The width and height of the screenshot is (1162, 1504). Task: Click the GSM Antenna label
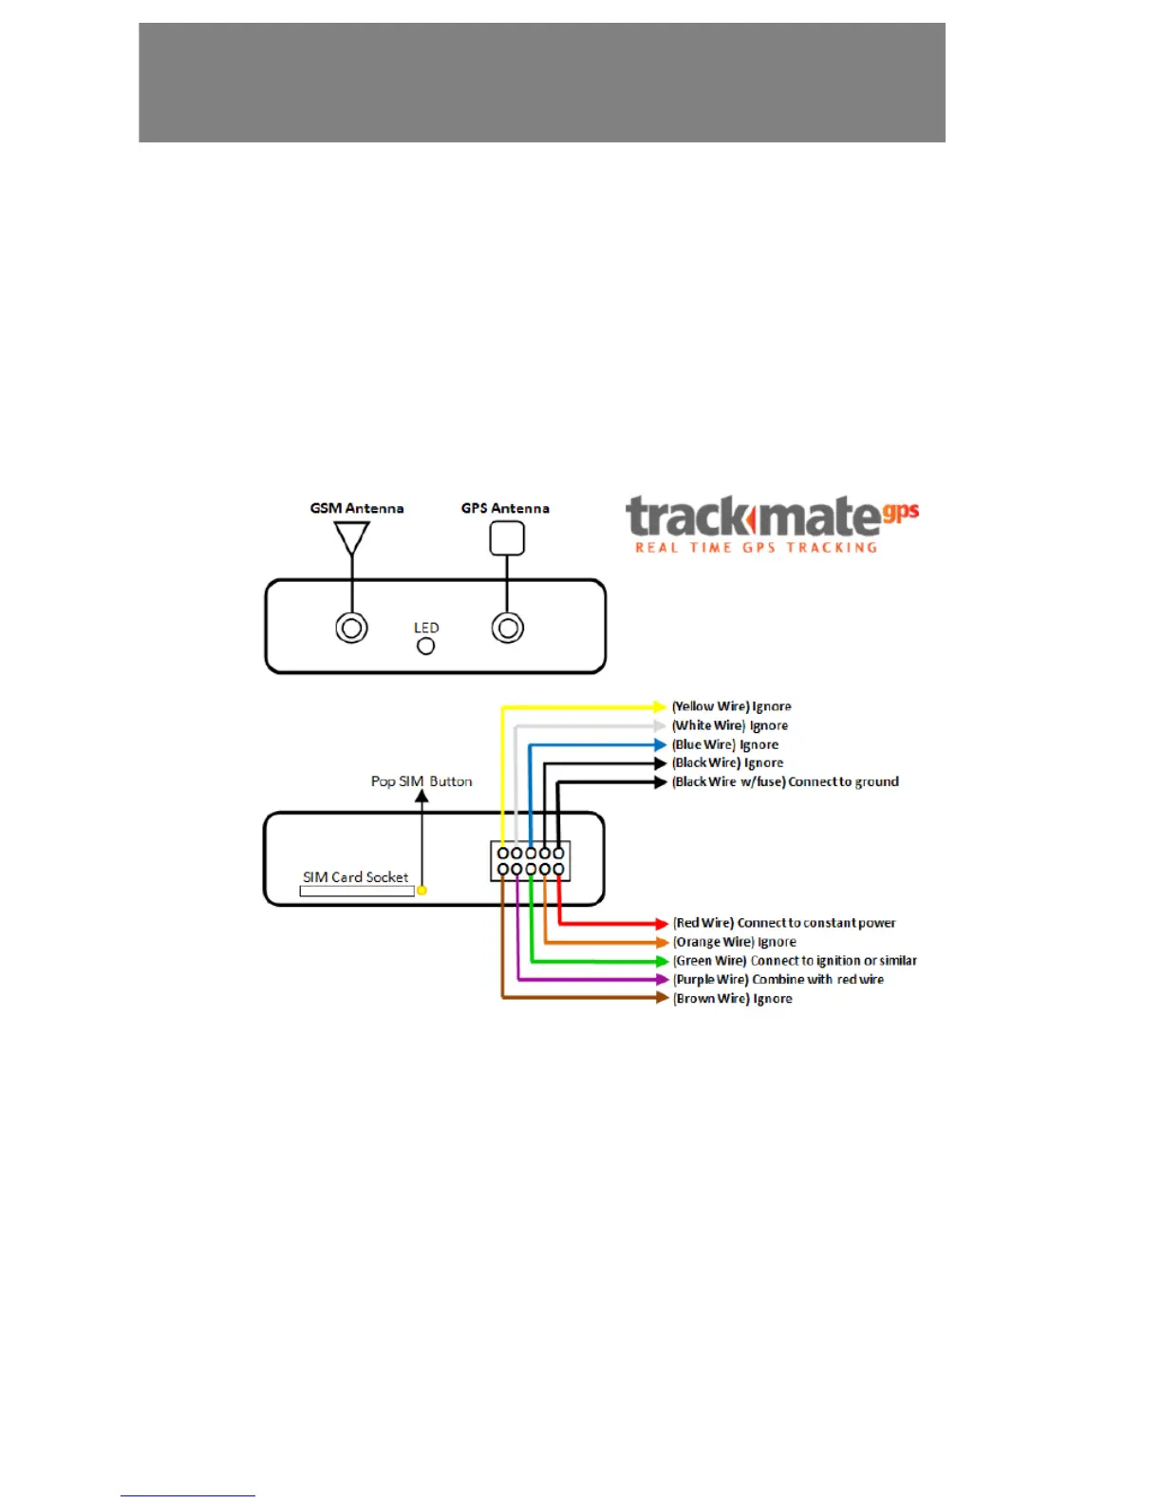[357, 508]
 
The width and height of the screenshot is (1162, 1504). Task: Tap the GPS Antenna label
[505, 508]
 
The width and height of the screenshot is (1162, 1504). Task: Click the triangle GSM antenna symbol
[351, 537]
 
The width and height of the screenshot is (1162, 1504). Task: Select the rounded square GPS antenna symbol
[507, 538]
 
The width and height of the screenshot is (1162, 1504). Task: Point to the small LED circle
[426, 646]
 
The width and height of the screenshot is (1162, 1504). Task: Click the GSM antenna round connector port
[351, 628]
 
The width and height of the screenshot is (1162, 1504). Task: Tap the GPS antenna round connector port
[508, 628]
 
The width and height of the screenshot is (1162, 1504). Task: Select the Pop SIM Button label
[422, 781]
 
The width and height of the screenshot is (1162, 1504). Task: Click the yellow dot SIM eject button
[422, 891]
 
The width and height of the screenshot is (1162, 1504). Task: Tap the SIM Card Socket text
[355, 877]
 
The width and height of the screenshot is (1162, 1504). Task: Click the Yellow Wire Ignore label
[731, 706]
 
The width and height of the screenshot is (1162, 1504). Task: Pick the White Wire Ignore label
[729, 725]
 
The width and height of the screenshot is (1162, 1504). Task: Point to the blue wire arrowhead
[662, 744]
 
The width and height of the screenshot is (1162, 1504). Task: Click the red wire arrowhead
[663, 923]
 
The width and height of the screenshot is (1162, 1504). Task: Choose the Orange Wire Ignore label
[735, 942]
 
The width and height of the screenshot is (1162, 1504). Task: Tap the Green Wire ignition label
[795, 961]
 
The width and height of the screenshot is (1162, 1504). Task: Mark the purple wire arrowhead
[663, 979]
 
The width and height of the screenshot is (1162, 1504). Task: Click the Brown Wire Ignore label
[732, 999]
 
